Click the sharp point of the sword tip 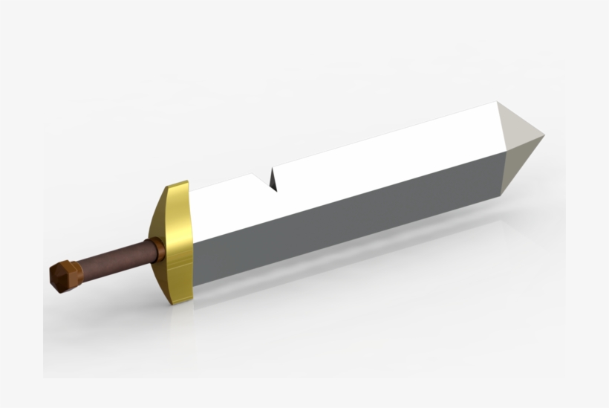[x=544, y=137]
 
